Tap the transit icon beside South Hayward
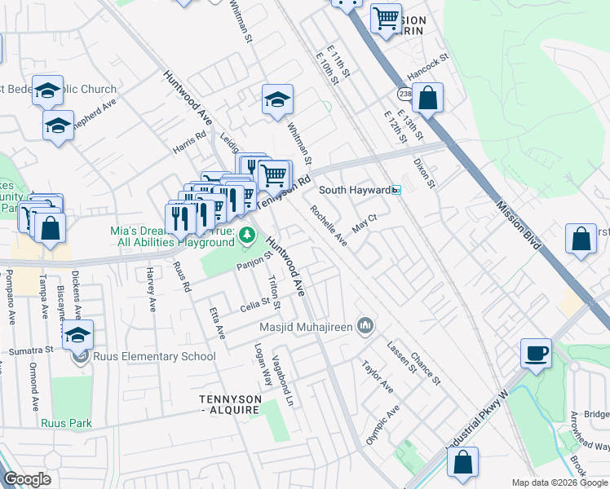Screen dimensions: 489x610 (396, 190)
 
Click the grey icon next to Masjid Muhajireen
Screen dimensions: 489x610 (365, 328)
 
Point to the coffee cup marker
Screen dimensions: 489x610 (537, 354)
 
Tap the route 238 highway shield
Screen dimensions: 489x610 (404, 95)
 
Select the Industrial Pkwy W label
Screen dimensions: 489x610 (481, 430)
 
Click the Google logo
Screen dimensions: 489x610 (28, 479)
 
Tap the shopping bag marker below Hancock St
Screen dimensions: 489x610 (427, 99)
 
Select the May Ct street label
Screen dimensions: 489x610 (364, 221)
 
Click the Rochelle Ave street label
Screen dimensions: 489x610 (329, 226)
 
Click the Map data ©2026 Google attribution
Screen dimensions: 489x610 (559, 482)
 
